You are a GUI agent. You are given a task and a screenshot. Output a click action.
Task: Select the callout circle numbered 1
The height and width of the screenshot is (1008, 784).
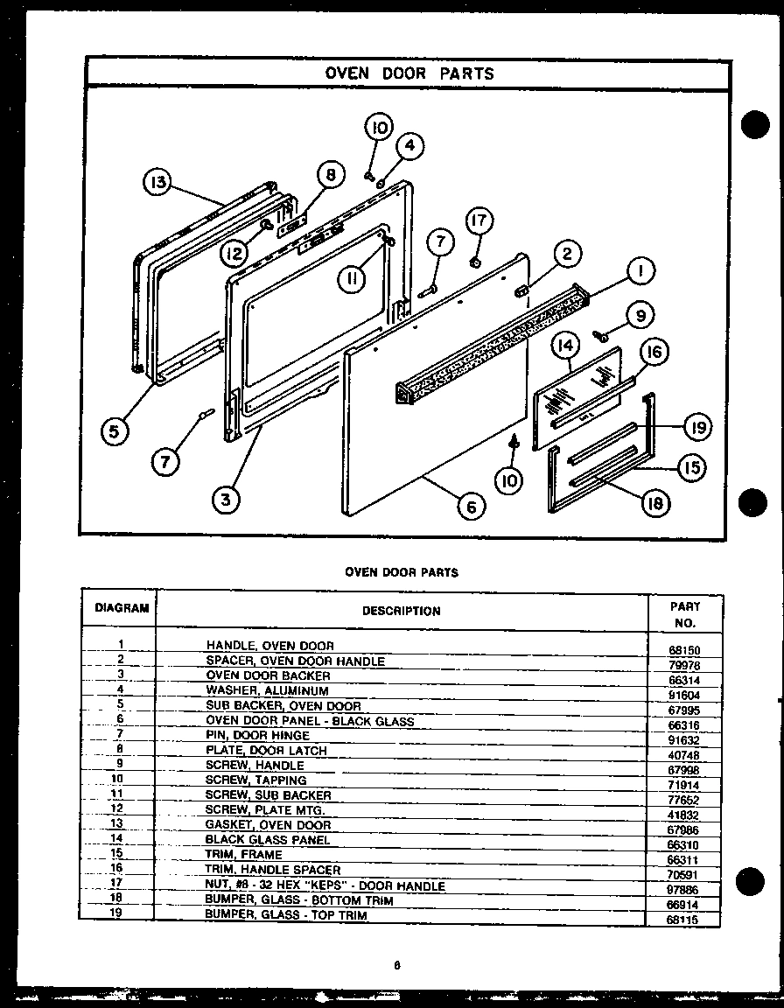(x=641, y=272)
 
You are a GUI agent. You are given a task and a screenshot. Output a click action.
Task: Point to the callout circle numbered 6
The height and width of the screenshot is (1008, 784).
(x=471, y=507)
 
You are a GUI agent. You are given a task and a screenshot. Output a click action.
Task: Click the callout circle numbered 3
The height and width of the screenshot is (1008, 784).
(x=226, y=500)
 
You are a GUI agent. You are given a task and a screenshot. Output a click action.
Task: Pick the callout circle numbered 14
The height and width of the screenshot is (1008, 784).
(x=566, y=346)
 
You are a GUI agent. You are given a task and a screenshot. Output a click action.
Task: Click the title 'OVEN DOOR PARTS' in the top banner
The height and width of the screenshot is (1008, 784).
(x=409, y=73)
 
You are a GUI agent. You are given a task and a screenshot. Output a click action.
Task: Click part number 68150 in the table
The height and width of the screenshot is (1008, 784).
(x=683, y=651)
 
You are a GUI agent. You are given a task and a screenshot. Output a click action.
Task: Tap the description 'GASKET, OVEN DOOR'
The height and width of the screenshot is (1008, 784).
(x=268, y=825)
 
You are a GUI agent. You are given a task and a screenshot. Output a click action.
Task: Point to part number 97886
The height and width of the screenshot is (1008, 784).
(x=683, y=889)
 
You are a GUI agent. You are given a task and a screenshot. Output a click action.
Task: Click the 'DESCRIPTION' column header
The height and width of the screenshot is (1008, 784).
(x=401, y=611)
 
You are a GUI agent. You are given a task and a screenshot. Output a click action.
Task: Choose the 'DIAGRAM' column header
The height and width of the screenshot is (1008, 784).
(x=122, y=607)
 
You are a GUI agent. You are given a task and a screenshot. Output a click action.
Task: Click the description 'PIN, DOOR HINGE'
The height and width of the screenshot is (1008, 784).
(x=256, y=736)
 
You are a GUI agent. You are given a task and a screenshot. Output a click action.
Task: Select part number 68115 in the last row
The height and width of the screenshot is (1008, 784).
(x=683, y=920)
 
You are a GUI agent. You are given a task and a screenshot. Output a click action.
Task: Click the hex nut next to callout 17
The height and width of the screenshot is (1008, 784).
(x=473, y=262)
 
